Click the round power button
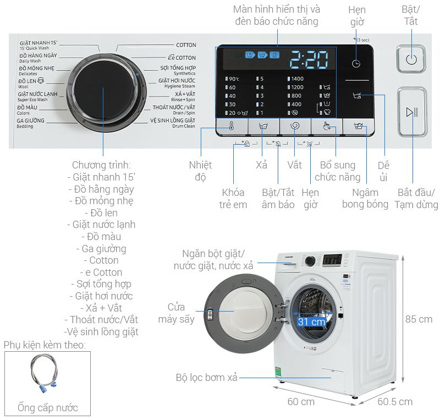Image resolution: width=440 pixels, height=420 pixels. [411, 59]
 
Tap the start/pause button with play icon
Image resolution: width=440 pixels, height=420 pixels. [411, 112]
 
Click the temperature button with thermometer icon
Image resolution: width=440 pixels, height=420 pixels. [232, 126]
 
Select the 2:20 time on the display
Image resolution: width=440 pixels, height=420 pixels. [309, 58]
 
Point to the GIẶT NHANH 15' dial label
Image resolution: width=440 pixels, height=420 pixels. [38, 45]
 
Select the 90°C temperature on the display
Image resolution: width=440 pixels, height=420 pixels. [233, 79]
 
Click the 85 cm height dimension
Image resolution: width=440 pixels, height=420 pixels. [419, 319]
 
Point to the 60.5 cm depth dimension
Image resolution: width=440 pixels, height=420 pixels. [394, 401]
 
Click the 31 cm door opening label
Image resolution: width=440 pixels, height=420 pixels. [311, 322]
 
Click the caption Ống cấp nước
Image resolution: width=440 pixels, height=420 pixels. [47, 408]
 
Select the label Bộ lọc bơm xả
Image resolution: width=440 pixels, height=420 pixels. [207, 378]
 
